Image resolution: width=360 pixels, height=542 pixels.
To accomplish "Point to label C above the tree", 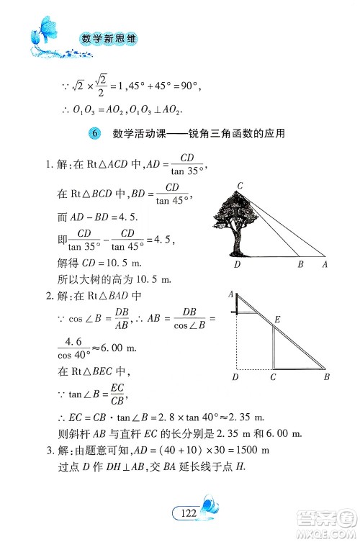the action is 240,186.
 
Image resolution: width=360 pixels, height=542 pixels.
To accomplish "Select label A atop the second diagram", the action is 230,294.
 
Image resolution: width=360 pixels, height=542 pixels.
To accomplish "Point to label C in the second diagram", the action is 273,376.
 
